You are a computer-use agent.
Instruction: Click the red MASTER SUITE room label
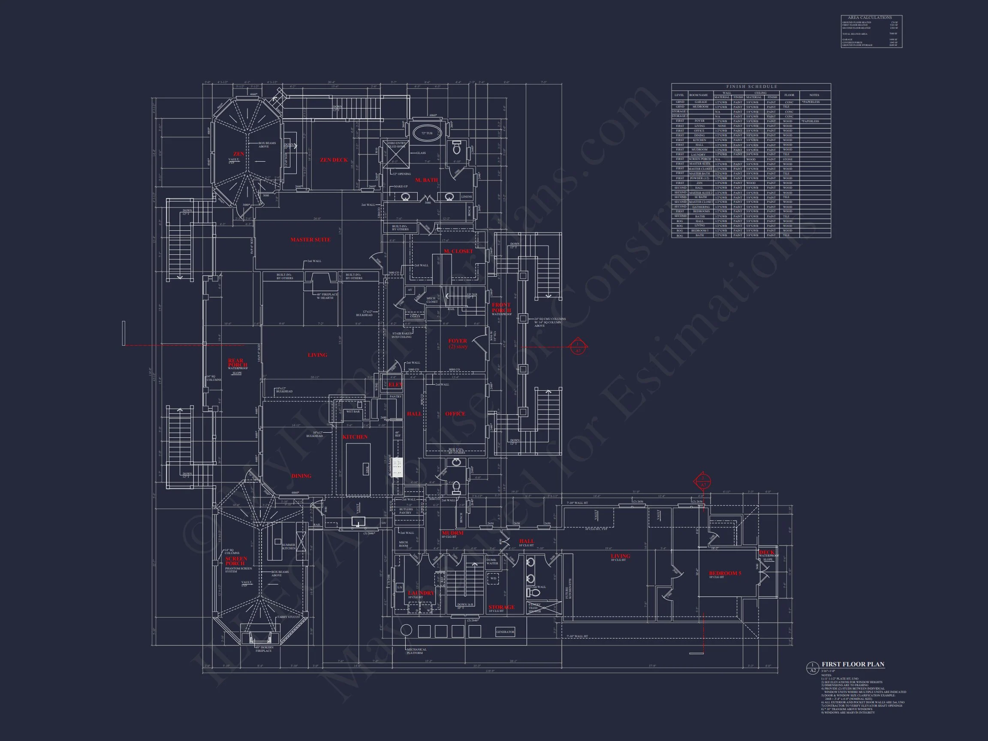[310, 240]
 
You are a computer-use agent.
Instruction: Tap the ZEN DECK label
[334, 160]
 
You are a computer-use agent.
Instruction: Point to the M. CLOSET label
[458, 251]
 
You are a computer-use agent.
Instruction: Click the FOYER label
[458, 341]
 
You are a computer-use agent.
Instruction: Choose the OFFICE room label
[455, 414]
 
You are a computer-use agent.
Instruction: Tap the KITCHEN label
[355, 437]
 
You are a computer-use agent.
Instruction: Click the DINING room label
[301, 476]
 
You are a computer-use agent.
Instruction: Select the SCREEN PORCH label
[236, 561]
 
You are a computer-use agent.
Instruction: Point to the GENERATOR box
[505, 632]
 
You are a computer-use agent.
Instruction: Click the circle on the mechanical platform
[406, 630]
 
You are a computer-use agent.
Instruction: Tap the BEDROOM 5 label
[725, 573]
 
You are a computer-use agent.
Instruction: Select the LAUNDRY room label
[421, 593]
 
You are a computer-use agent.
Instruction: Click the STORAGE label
[501, 608]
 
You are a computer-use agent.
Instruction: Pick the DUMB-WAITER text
[492, 561]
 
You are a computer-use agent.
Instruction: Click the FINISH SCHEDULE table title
[751, 87]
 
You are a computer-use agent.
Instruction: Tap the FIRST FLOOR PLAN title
[852, 665]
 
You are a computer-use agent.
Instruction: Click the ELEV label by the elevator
[395, 385]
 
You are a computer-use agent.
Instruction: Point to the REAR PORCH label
[236, 363]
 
